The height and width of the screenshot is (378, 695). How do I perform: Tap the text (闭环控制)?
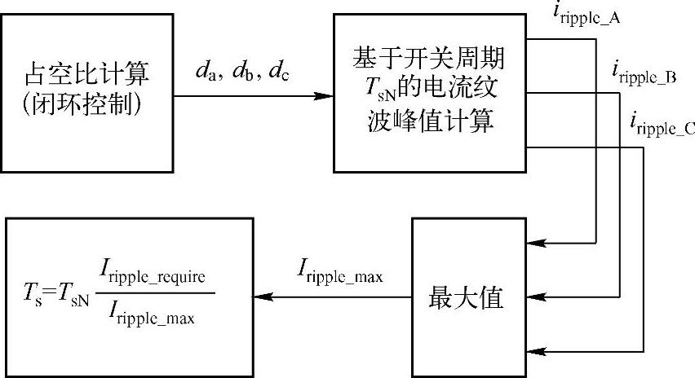point(86,107)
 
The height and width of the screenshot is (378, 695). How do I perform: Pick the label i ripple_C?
point(662,124)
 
